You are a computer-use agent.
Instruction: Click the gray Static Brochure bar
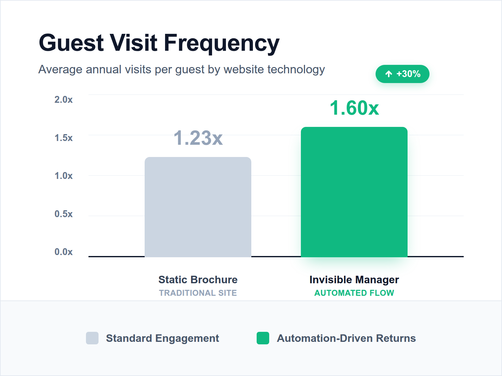coord(198,207)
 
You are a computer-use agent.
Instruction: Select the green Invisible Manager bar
coord(354,192)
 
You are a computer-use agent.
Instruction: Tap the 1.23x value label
coord(198,138)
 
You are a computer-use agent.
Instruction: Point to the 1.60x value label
coord(354,108)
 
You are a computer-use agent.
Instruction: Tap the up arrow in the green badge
coord(389,74)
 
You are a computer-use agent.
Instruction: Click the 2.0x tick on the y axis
coord(63,100)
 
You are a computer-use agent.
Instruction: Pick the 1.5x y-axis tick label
coord(63,138)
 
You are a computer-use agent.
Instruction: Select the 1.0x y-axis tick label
coord(63,176)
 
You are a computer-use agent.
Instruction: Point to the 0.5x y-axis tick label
coord(63,214)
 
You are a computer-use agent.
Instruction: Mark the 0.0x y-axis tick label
coord(63,252)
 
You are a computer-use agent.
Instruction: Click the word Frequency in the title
coord(222,43)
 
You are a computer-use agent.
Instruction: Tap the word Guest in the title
coord(71,43)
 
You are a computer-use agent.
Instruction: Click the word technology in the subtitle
coord(296,70)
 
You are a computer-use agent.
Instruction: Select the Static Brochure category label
coord(198,279)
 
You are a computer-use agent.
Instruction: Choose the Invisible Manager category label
coord(354,279)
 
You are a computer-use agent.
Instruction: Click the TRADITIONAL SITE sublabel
coord(198,293)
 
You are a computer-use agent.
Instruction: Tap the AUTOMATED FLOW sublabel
coord(354,293)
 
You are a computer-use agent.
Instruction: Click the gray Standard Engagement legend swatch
coord(92,338)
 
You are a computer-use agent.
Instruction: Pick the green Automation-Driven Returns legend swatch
coord(263,338)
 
